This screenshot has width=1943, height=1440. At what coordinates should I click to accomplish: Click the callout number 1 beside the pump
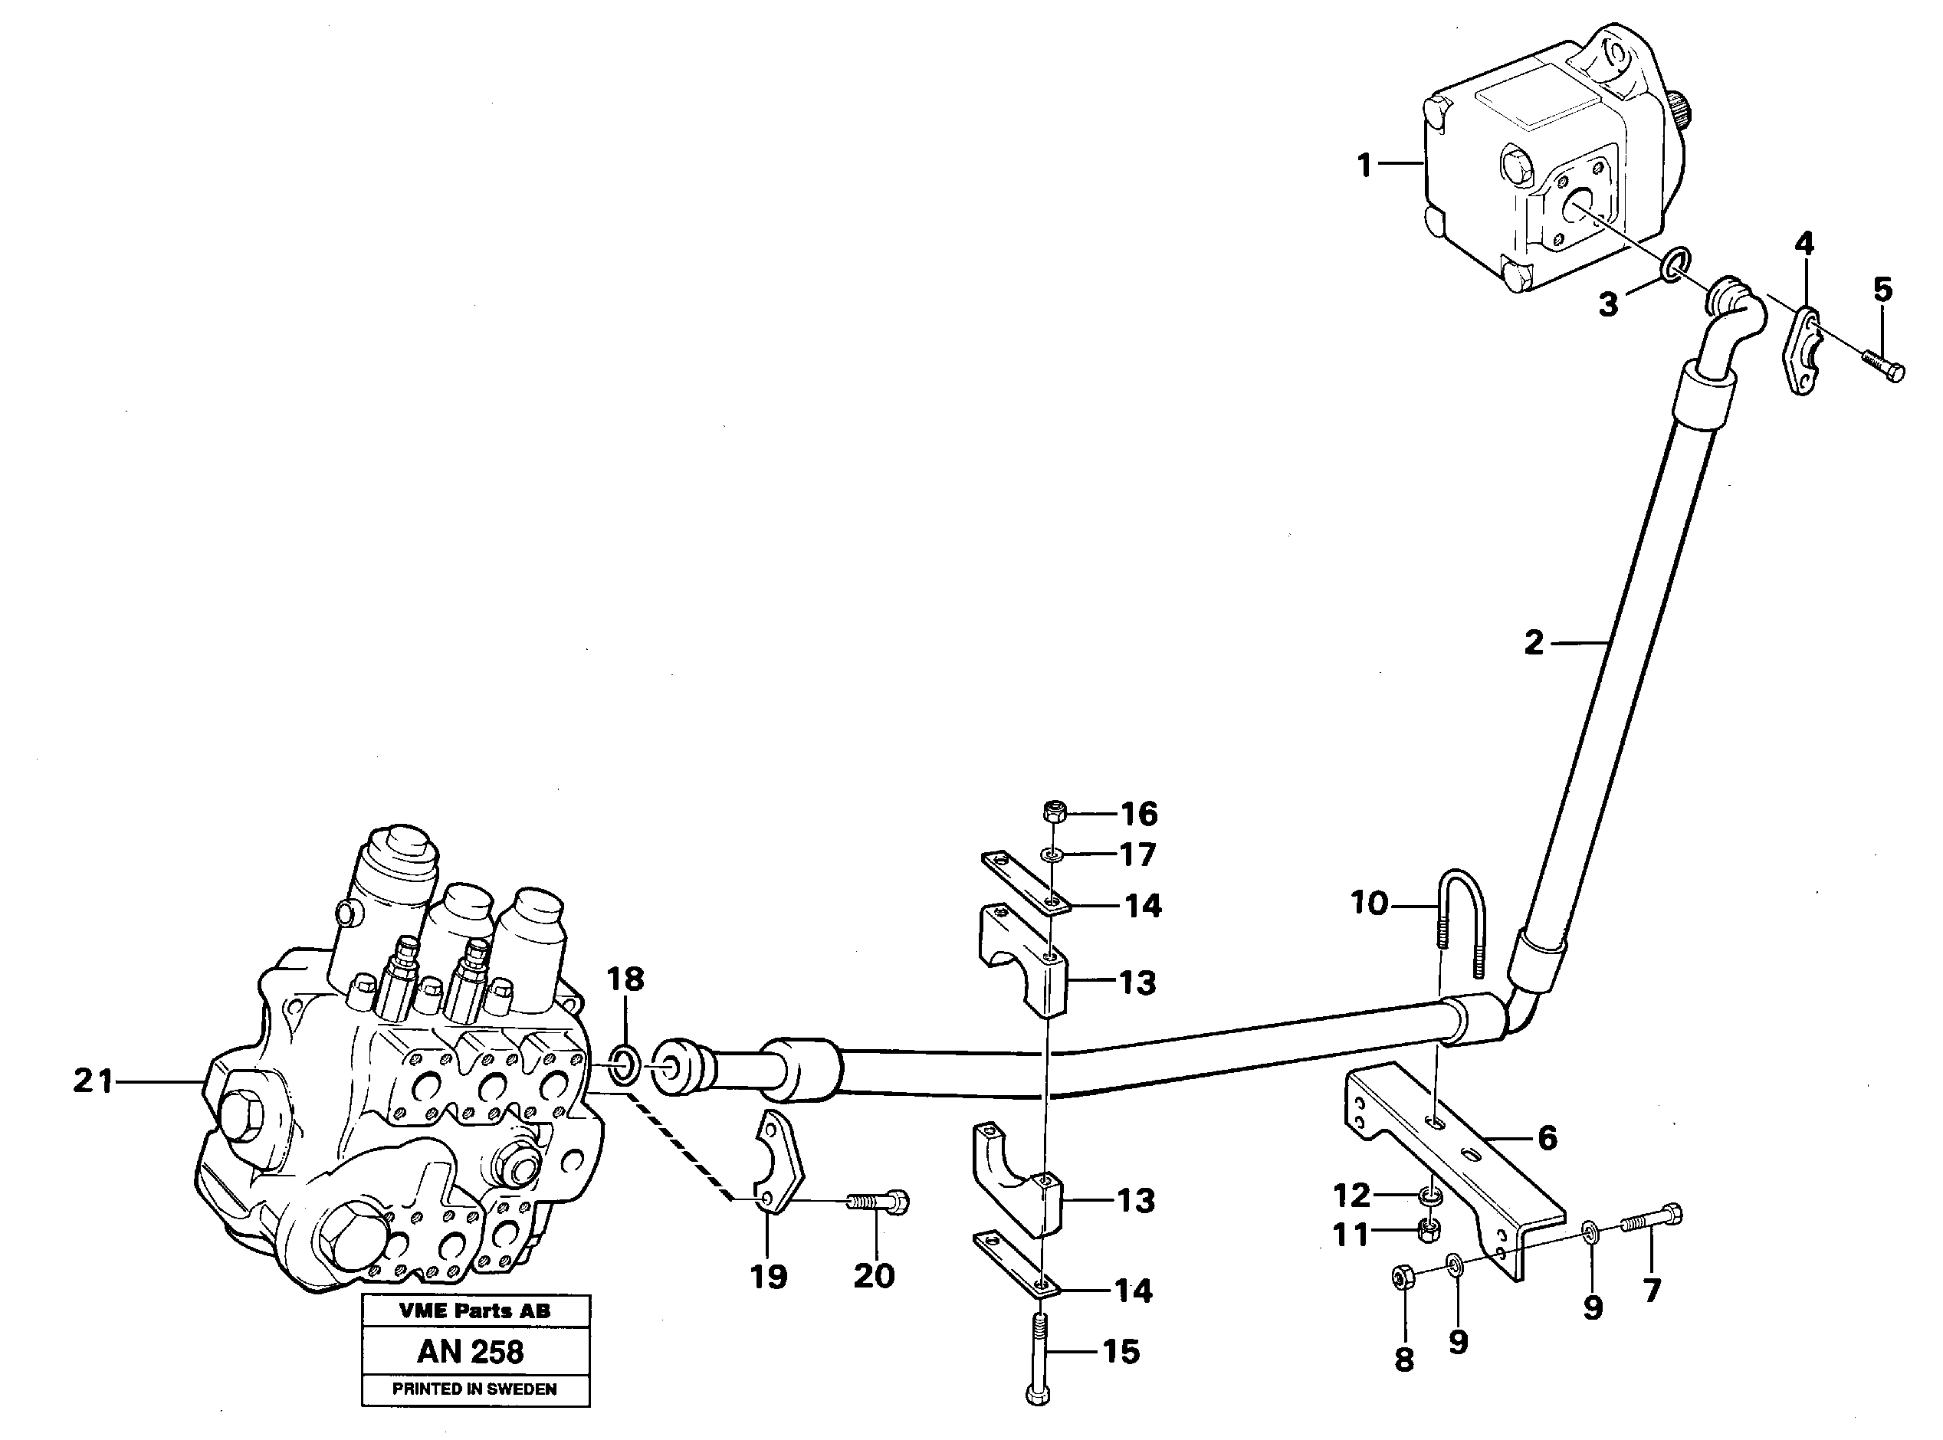1364,165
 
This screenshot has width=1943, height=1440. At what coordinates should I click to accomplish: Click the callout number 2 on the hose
1534,643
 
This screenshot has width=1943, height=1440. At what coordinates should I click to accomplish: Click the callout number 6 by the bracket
1548,1137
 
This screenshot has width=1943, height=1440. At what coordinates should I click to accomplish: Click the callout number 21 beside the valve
94,1082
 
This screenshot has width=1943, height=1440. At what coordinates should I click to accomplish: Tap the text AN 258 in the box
471,1352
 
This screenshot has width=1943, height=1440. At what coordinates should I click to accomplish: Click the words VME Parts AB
474,1310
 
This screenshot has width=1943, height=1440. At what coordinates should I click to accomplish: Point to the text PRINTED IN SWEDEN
474,1389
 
